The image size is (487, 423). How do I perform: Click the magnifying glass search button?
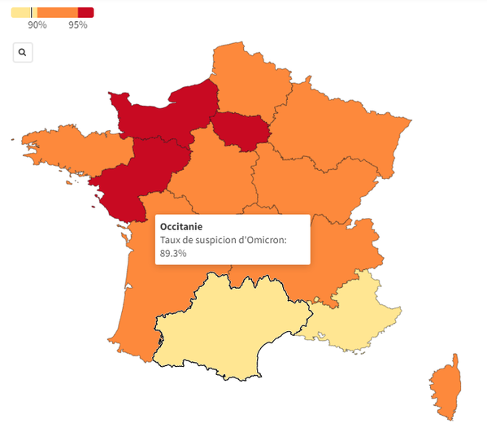[x=22, y=53]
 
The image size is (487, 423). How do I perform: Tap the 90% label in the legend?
[x=37, y=25]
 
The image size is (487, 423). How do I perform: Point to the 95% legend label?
[x=78, y=25]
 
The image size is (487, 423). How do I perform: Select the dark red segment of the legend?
[x=85, y=12]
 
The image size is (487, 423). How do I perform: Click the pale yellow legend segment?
[x=20, y=12]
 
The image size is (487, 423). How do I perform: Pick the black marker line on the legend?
[x=32, y=12]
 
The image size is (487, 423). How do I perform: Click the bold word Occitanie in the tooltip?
[x=181, y=226]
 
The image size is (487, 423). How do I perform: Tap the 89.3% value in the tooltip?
[x=173, y=253]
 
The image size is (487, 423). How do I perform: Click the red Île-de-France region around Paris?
[x=241, y=131]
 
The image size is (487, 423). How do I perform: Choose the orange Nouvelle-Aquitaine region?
[x=154, y=268]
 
